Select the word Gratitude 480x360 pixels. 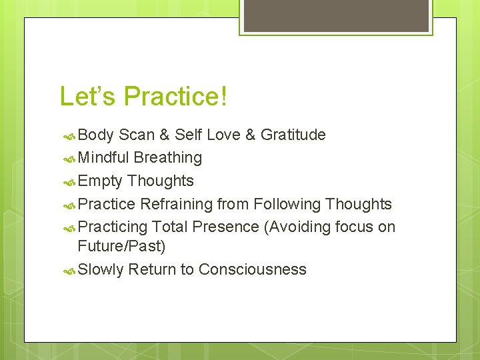click(x=293, y=135)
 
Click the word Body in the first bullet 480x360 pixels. click(x=96, y=135)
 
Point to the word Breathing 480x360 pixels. click(x=168, y=158)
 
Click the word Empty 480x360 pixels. click(x=100, y=181)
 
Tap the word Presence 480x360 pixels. click(x=226, y=227)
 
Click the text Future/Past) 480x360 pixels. click(x=121, y=246)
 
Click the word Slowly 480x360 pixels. click(x=100, y=270)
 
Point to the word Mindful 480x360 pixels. click(x=103, y=158)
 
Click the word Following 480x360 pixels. click(x=285, y=204)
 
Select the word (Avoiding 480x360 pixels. click(x=297, y=227)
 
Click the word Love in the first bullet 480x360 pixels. click(x=223, y=135)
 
